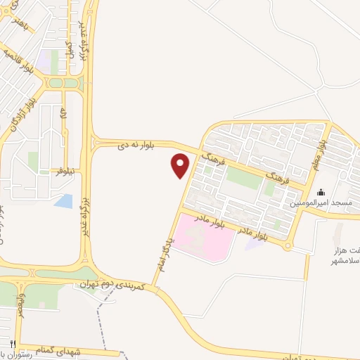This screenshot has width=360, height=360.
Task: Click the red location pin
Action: click(x=181, y=165)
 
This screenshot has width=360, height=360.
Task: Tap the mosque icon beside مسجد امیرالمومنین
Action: click(x=321, y=193)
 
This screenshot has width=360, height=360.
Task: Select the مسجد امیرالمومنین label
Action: click(x=323, y=203)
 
